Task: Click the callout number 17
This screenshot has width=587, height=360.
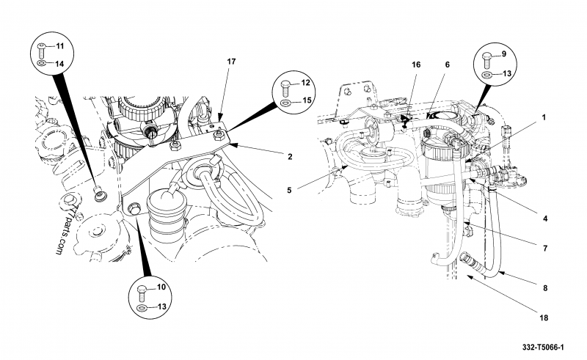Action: pyautogui.click(x=231, y=62)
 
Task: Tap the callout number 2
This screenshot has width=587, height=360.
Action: pyautogui.click(x=290, y=157)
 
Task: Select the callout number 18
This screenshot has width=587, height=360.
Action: pyautogui.click(x=544, y=317)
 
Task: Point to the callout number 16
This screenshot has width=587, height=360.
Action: pyautogui.click(x=416, y=65)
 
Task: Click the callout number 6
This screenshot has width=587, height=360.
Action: pyautogui.click(x=447, y=65)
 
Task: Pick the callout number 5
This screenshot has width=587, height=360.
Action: pyautogui.click(x=289, y=190)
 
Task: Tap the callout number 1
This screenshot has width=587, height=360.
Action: pyautogui.click(x=544, y=117)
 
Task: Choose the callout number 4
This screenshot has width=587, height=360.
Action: pyautogui.click(x=545, y=218)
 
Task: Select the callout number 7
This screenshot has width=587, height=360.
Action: pyautogui.click(x=545, y=248)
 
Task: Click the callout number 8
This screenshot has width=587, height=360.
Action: pyautogui.click(x=545, y=288)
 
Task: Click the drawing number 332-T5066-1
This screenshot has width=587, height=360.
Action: pyautogui.click(x=543, y=348)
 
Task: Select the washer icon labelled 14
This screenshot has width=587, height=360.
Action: pyautogui.click(x=41, y=62)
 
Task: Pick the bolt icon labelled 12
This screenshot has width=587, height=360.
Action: pyautogui.click(x=285, y=87)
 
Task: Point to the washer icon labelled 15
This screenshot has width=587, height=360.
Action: pyautogui.click(x=285, y=102)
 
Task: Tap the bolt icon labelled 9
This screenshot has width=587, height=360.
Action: pyautogui.click(x=487, y=59)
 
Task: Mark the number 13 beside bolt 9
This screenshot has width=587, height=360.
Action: pyautogui.click(x=507, y=74)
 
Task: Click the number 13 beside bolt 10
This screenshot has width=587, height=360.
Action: pyautogui.click(x=161, y=307)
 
